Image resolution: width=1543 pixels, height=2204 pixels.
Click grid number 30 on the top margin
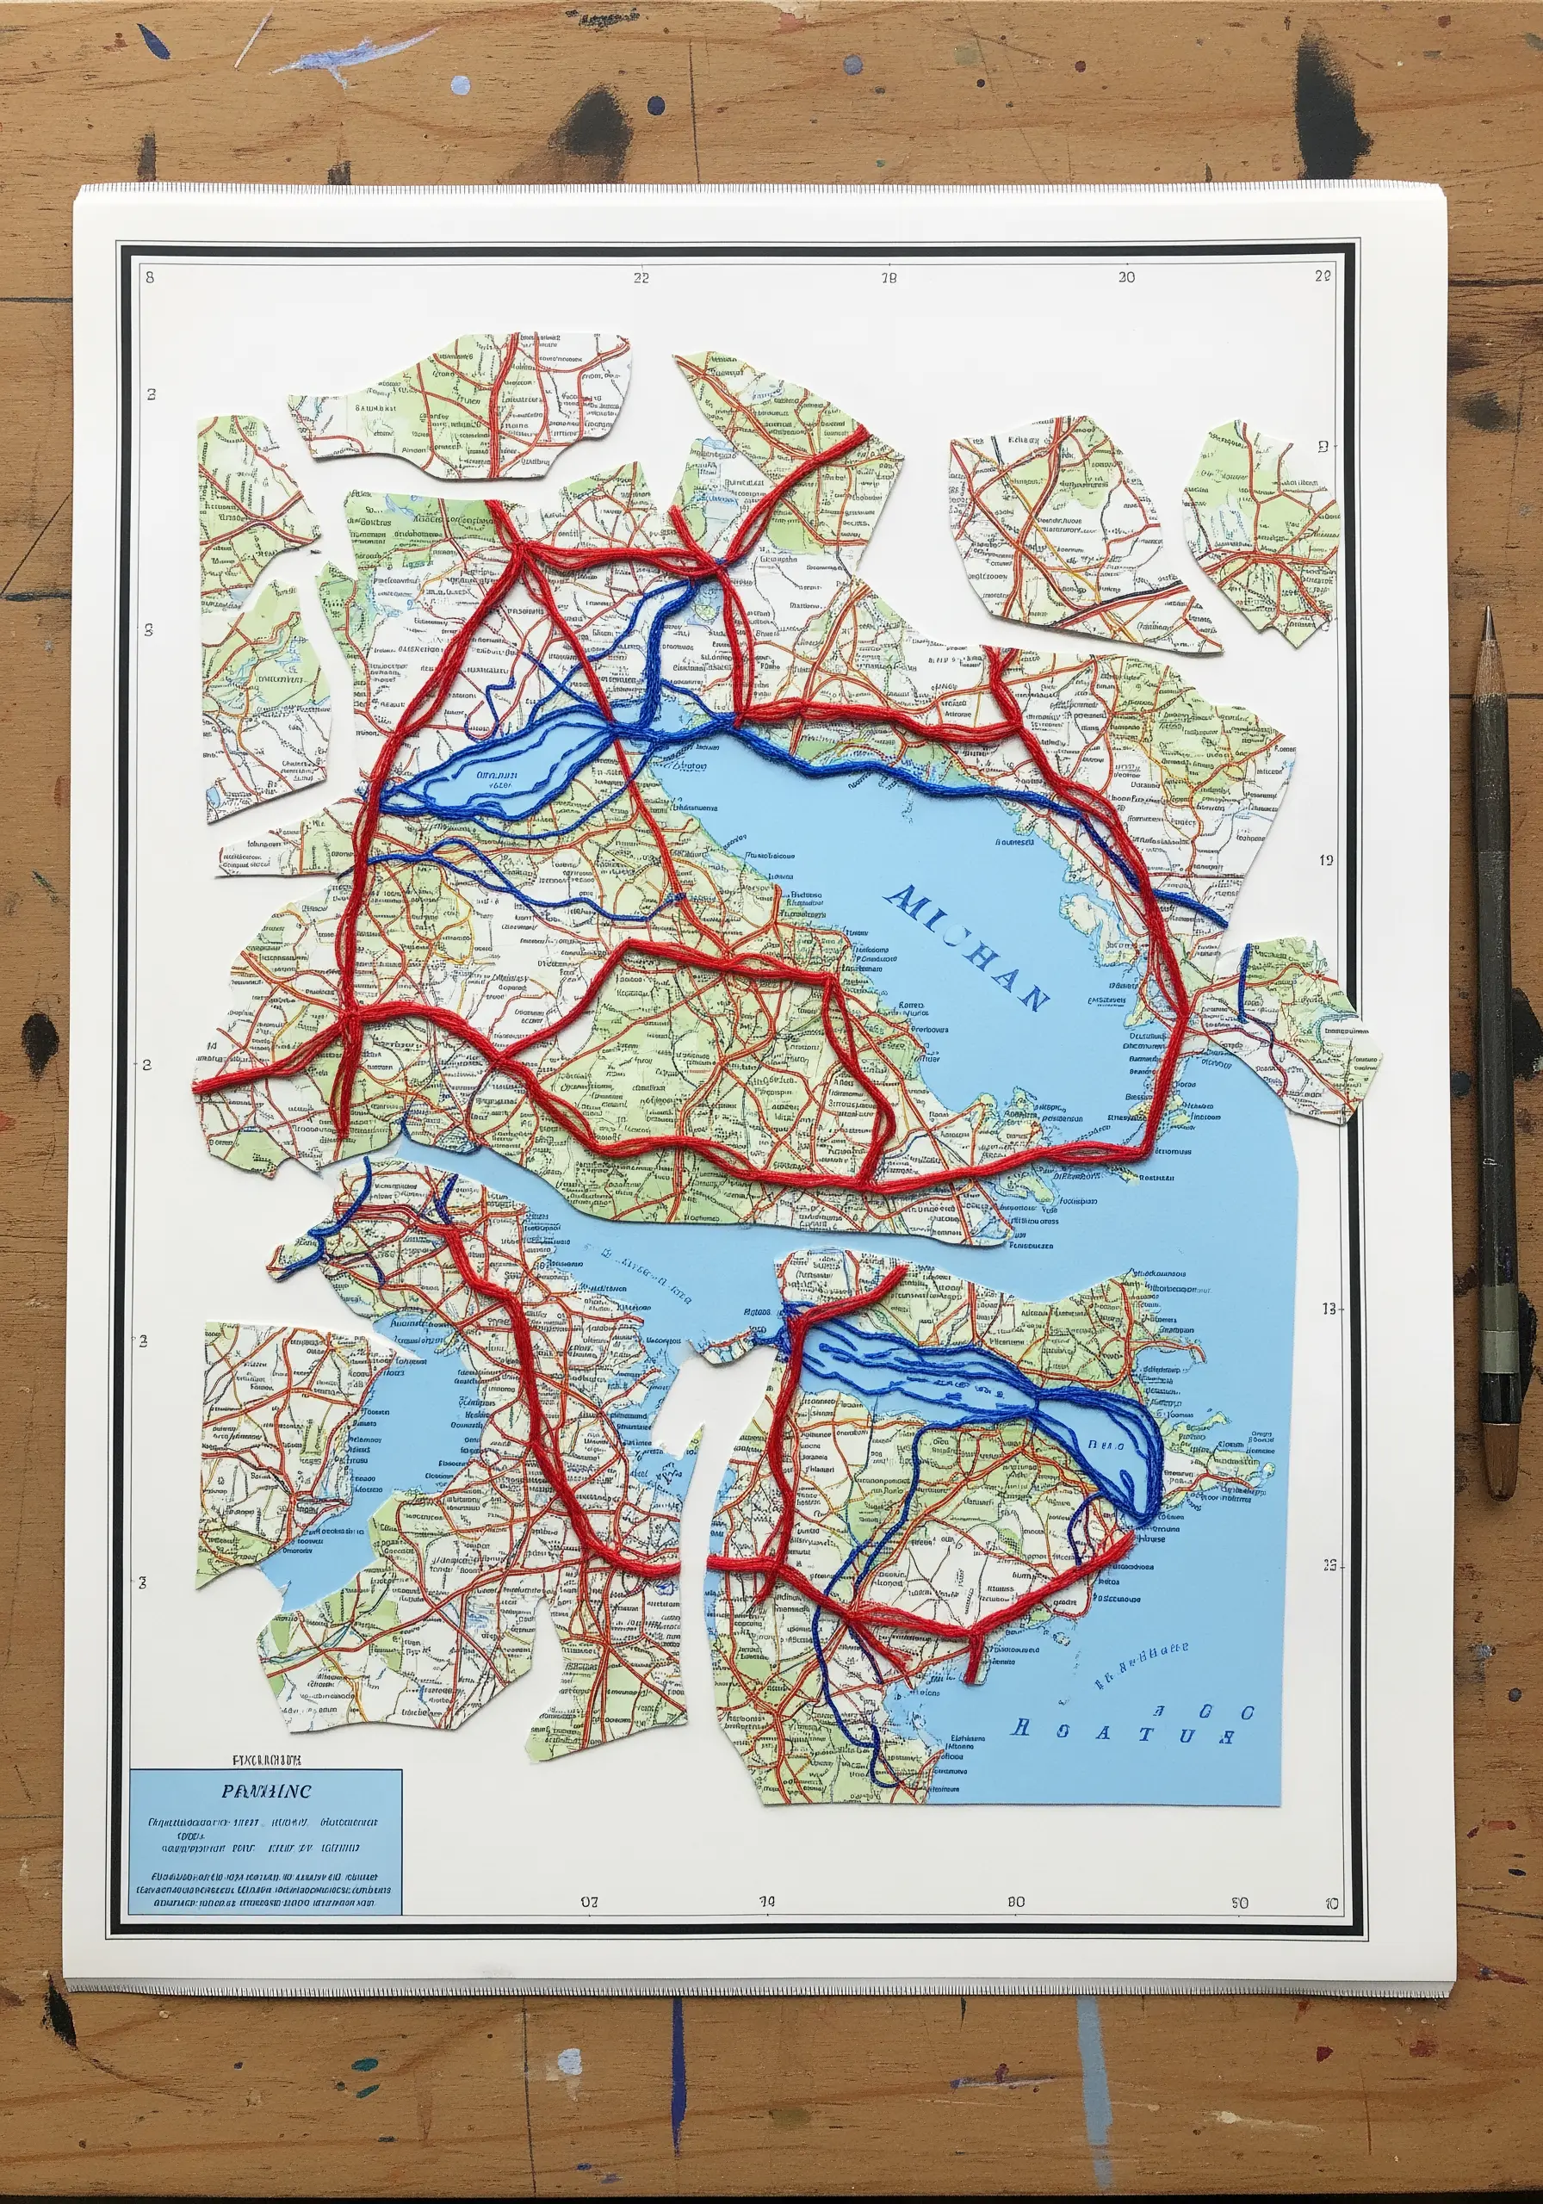pos(1126,276)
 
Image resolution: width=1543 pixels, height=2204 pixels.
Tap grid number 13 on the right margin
pos(1329,1309)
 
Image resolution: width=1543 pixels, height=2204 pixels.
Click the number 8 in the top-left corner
pos(150,277)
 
